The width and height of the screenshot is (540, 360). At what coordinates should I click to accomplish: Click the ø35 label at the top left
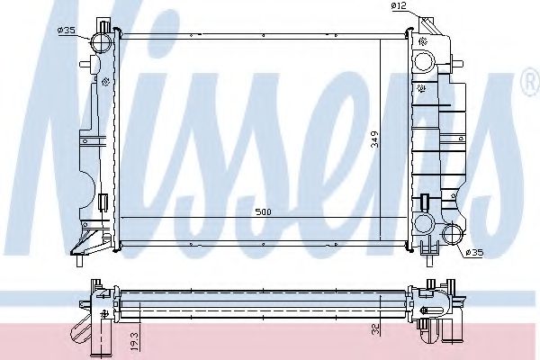tap(65, 31)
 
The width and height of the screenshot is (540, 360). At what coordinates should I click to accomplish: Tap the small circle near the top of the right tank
tap(422, 63)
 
